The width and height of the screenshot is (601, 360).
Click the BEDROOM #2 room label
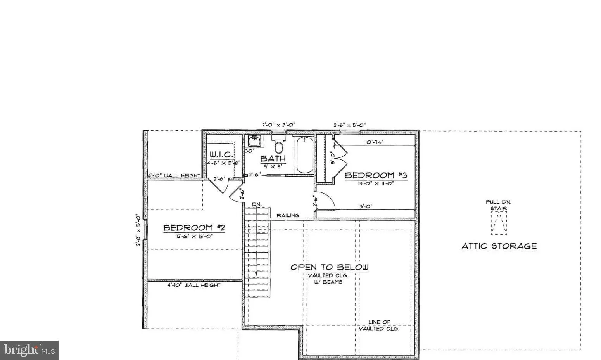point(194,227)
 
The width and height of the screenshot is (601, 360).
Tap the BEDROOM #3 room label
point(376,175)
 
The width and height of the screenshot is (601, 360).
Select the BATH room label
point(273,158)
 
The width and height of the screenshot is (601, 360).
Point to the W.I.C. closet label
point(221,154)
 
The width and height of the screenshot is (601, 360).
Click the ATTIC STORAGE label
point(499,246)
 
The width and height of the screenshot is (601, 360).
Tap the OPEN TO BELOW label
point(330,267)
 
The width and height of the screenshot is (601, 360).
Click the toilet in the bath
point(278,146)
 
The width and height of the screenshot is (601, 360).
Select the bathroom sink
point(255,140)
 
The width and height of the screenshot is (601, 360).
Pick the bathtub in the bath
point(304,155)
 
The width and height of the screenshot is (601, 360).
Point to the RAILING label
point(288,215)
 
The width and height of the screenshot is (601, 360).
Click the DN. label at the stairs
point(257,204)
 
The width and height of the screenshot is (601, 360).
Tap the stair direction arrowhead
point(256,274)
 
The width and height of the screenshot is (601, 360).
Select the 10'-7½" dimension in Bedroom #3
point(374,142)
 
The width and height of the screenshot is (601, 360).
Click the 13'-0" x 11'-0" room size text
point(376,183)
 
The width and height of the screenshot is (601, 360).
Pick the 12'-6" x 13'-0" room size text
point(194,235)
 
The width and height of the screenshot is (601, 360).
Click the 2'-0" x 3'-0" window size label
point(279,125)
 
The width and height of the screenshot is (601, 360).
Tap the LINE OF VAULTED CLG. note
point(379,325)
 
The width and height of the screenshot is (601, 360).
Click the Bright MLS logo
point(29,350)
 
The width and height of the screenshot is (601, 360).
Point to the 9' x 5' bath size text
point(273,166)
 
